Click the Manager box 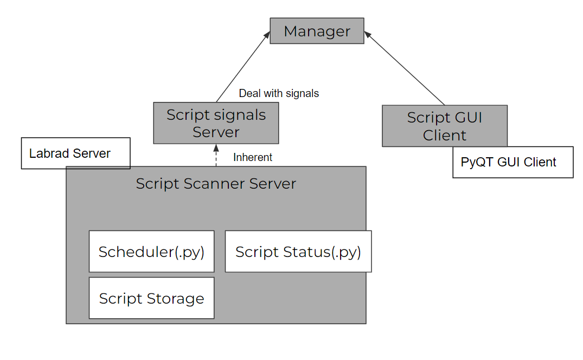(x=317, y=31)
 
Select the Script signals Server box (x=216, y=123)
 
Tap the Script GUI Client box (x=444, y=126)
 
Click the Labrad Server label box (x=75, y=153)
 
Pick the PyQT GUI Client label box (x=512, y=162)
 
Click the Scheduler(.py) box (x=151, y=252)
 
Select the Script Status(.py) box (x=298, y=252)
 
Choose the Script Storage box (x=151, y=298)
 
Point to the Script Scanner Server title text (x=216, y=184)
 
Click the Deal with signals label (x=279, y=93)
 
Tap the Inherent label (x=253, y=157)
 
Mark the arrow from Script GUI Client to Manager (x=404, y=68)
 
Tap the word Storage (x=177, y=299)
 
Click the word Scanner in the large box (x=214, y=184)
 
